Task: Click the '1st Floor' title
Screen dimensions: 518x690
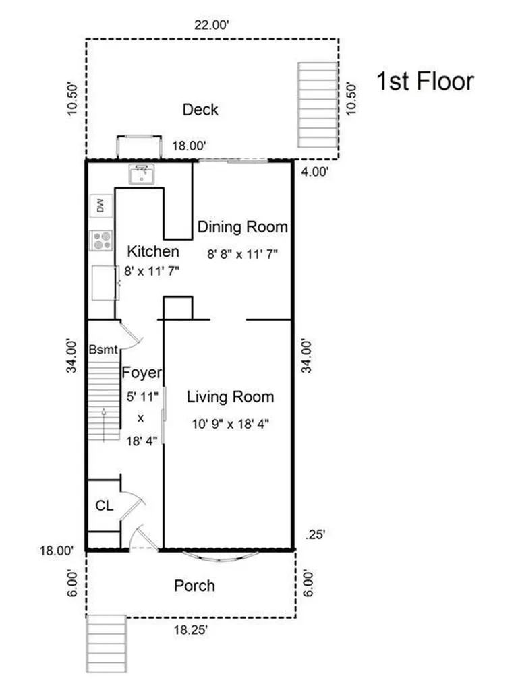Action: click(425, 82)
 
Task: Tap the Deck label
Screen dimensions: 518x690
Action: click(200, 110)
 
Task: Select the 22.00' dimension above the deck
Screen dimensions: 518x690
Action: click(212, 25)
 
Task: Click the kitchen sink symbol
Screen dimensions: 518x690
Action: click(142, 174)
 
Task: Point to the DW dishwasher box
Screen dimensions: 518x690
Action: click(101, 206)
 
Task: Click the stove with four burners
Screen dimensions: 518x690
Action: click(102, 241)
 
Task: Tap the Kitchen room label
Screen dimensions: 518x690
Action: click(153, 251)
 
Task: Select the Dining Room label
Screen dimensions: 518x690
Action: click(243, 227)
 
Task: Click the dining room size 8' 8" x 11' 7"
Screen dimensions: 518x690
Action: click(243, 254)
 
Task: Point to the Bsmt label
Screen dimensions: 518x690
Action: click(103, 350)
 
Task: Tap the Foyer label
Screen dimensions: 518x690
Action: click(142, 373)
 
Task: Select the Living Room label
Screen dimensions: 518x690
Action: click(231, 397)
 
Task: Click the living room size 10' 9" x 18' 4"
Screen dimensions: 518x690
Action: click(231, 425)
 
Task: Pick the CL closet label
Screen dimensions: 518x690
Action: click(105, 506)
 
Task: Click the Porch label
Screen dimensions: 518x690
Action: click(195, 586)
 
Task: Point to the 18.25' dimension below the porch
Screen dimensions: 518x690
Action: click(190, 630)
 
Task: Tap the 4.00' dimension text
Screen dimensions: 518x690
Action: click(315, 172)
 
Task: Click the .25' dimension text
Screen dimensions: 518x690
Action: click(316, 534)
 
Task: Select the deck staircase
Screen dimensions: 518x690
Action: click(318, 104)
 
